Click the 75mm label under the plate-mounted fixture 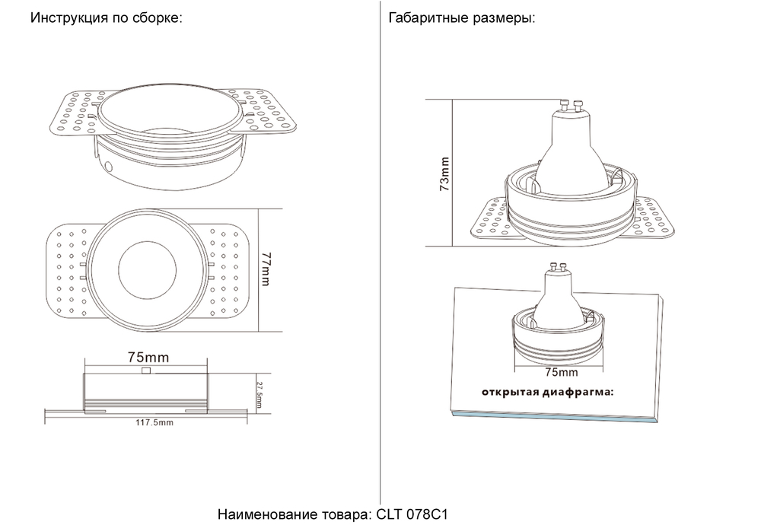tap(562, 373)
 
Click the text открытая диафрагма tap(546, 393)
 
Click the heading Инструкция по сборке tap(106, 17)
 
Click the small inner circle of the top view tap(147, 270)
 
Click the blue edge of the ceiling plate tap(553, 417)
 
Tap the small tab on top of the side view tap(146, 371)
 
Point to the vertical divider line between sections tap(380, 251)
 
